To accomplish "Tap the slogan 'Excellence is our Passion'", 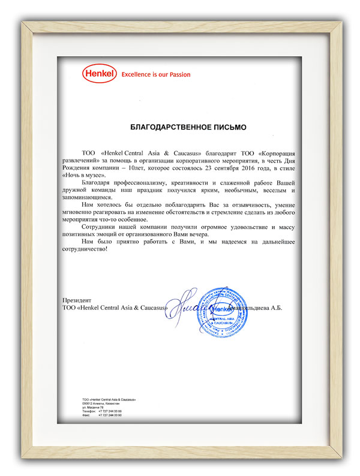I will [155, 75].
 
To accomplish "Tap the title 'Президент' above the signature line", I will [76, 299].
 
